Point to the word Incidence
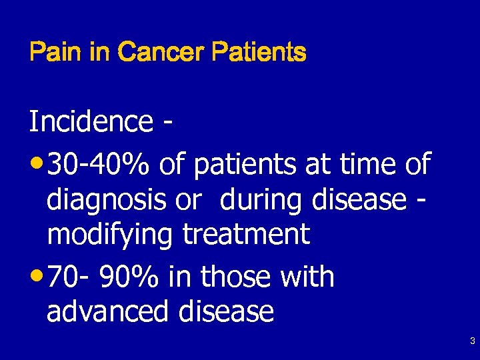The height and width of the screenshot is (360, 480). coord(91,122)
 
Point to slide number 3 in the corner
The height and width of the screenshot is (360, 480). coord(472,342)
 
